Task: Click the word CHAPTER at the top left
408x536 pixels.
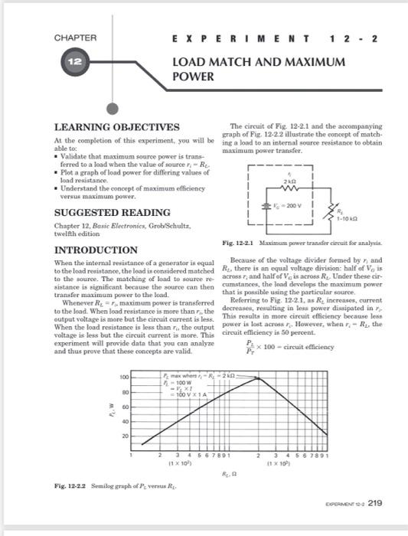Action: [x=75, y=38]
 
